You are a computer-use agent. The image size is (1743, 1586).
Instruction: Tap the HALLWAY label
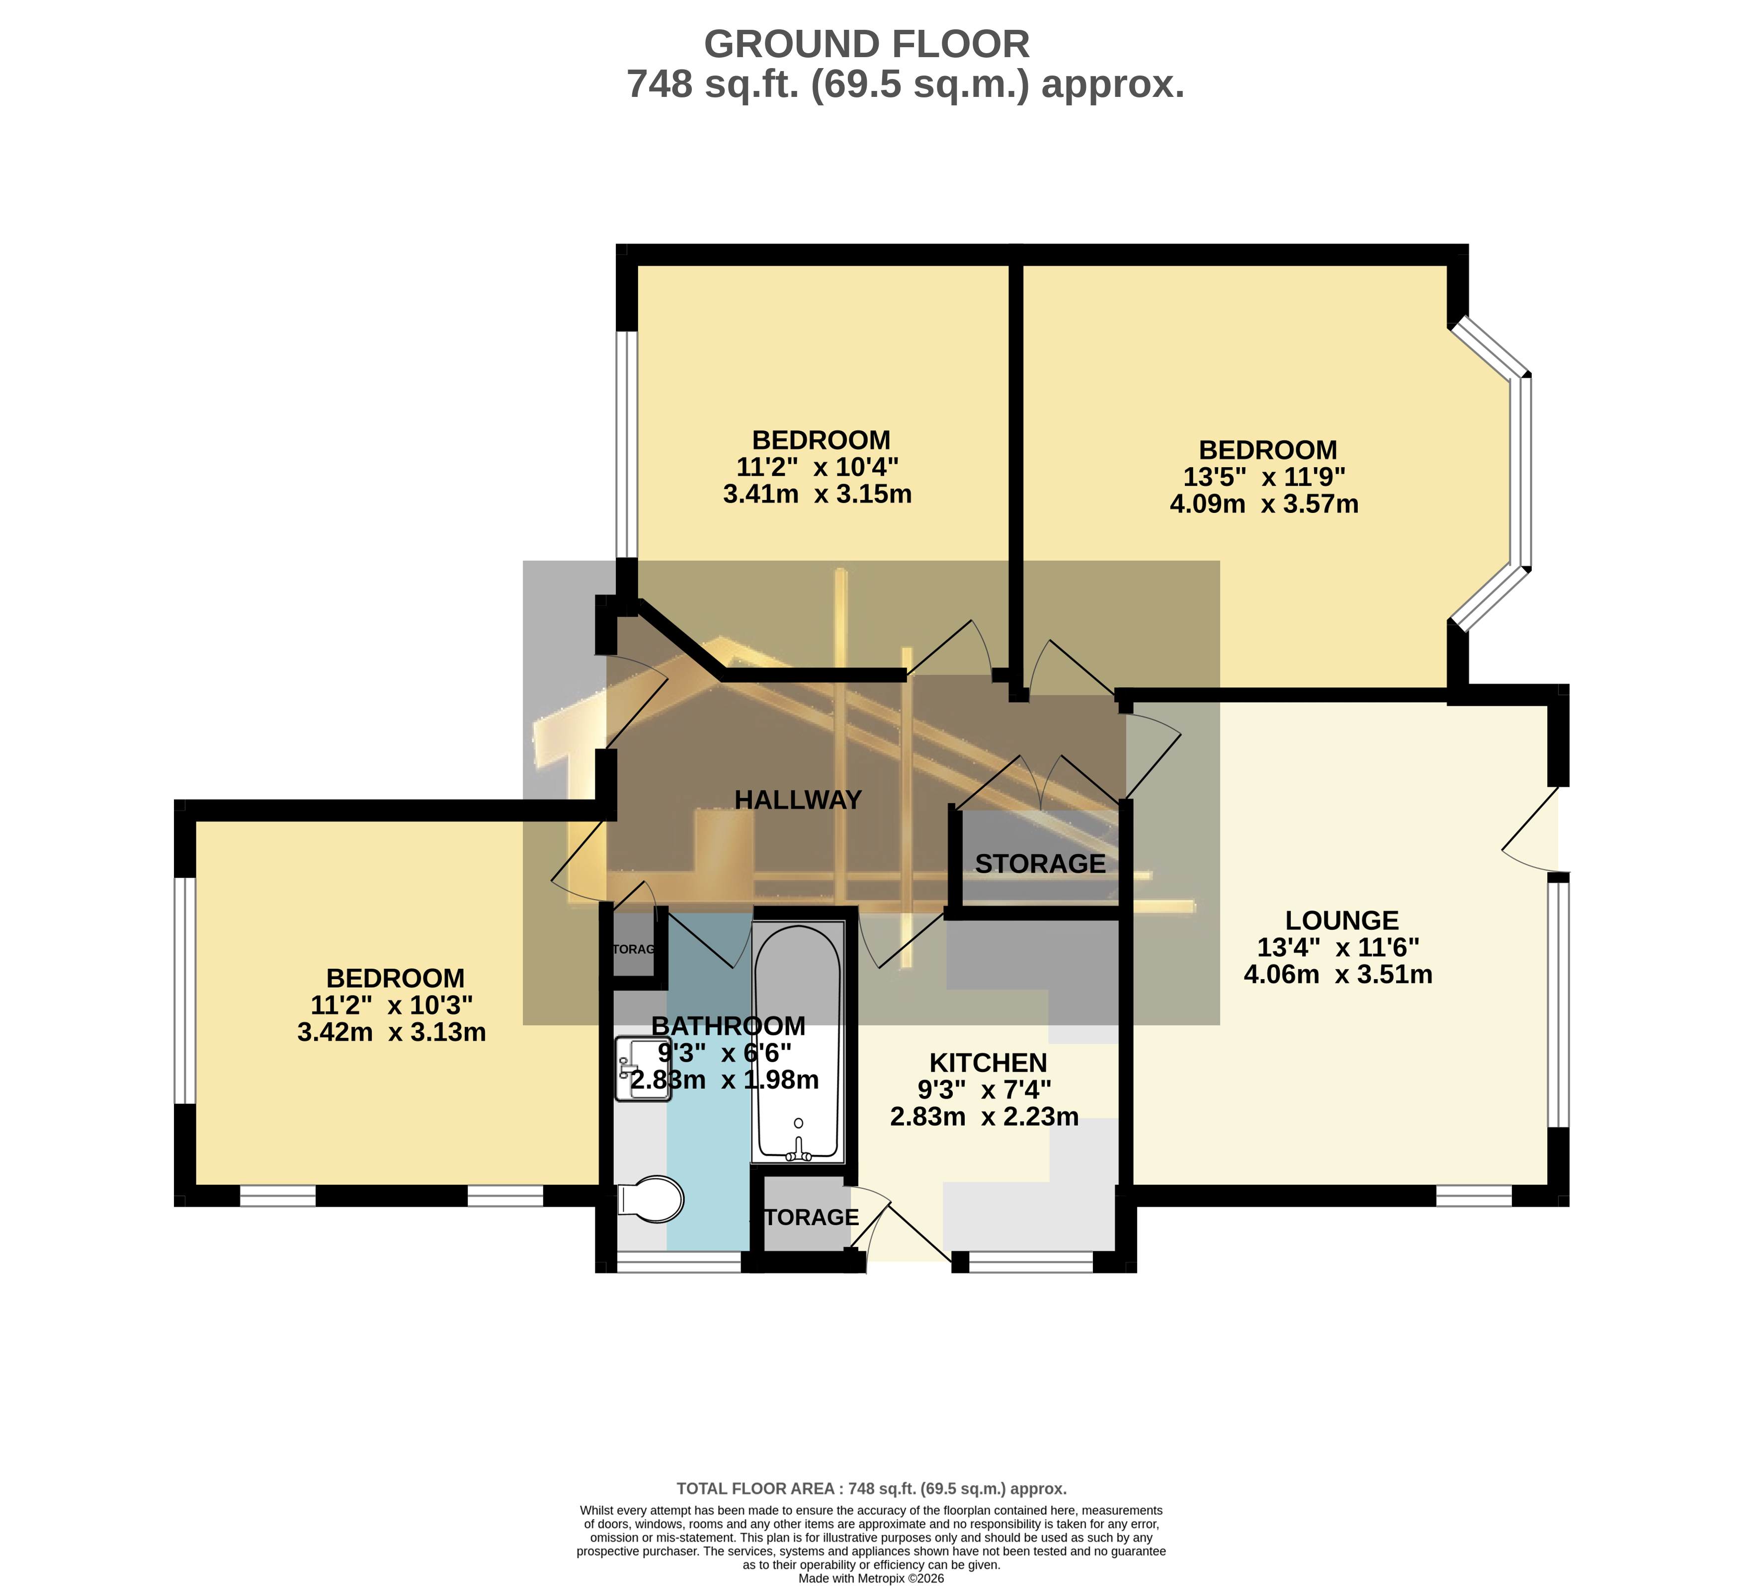click(x=798, y=800)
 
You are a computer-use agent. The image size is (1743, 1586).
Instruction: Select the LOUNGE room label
click(x=1341, y=920)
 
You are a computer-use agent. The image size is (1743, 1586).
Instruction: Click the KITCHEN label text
click(x=988, y=1062)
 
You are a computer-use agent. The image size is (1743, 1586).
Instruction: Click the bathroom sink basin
click(x=643, y=1069)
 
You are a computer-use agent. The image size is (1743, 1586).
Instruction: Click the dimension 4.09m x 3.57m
click(x=1263, y=504)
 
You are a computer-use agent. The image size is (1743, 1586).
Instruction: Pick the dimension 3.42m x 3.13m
click(x=392, y=1032)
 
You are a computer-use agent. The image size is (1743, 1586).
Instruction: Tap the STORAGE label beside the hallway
click(x=1040, y=864)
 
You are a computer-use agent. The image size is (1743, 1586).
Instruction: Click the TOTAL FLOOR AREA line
click(x=872, y=1489)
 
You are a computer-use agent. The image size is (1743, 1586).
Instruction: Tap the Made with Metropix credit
click(x=872, y=1578)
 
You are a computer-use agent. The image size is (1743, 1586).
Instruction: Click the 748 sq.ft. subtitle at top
click(x=905, y=85)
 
